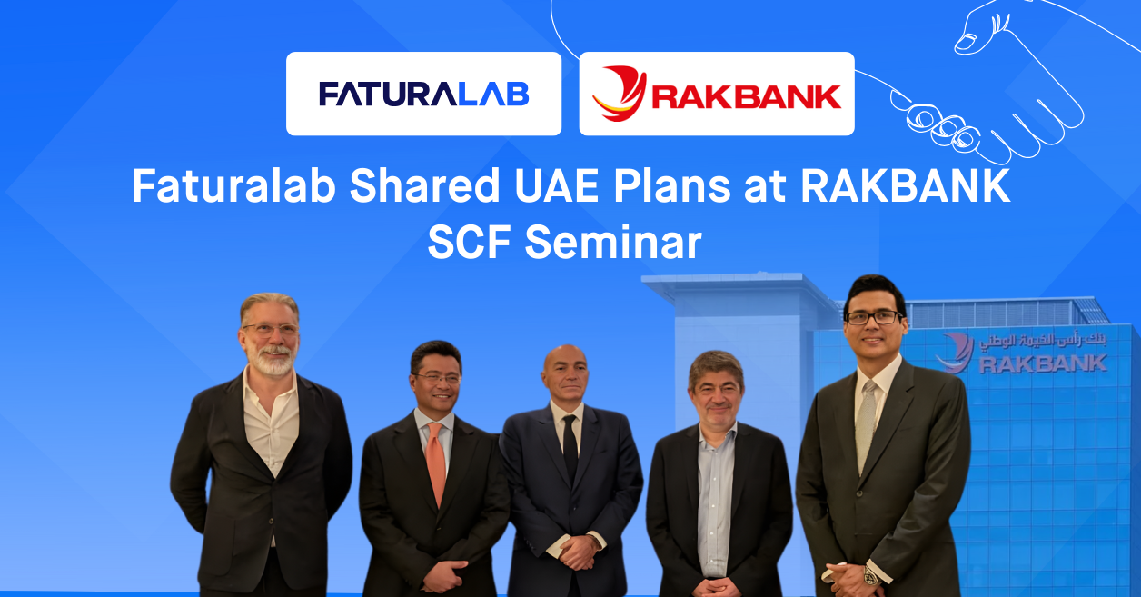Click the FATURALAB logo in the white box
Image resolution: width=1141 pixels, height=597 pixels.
pos(423,94)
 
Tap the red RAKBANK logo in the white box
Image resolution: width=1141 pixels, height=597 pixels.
pos(717,94)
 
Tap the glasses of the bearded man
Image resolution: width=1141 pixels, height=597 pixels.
pos(269,330)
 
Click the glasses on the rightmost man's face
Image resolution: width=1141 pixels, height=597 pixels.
pos(874,317)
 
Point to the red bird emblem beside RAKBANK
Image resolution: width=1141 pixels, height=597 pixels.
pos(619,94)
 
